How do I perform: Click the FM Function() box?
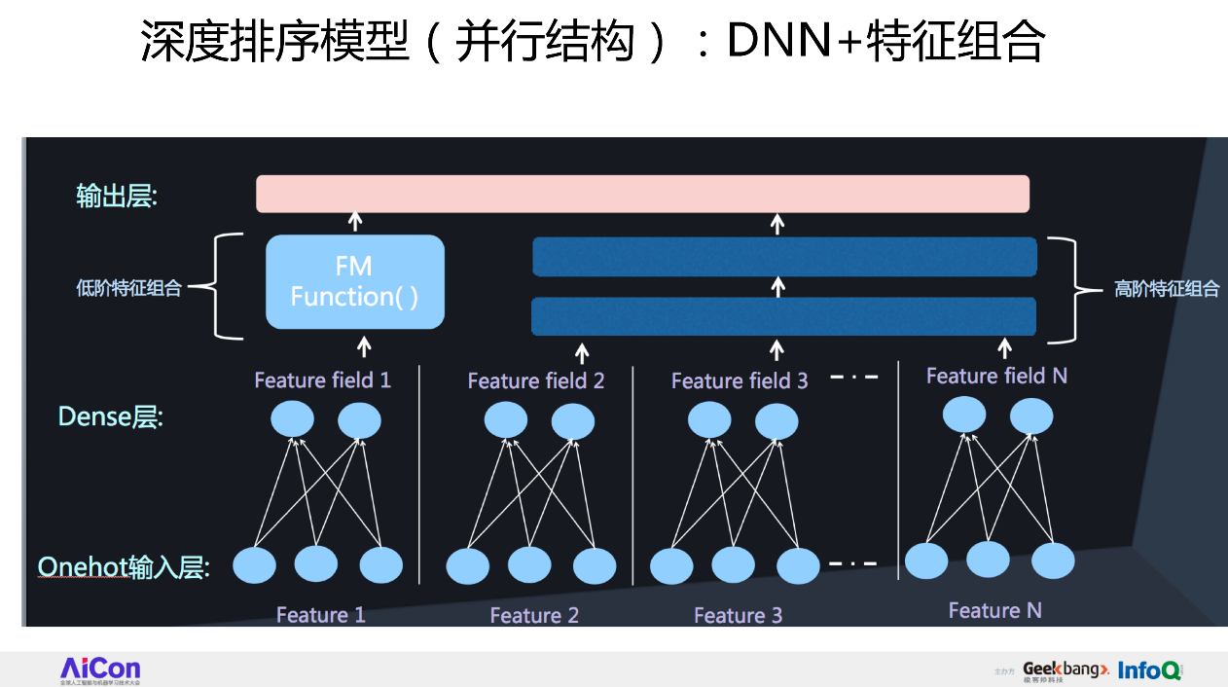click(x=355, y=282)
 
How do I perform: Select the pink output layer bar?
click(x=642, y=194)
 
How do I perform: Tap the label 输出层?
click(x=117, y=196)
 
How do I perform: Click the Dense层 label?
click(x=110, y=417)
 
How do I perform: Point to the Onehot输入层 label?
click(x=124, y=567)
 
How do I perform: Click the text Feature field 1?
click(x=322, y=380)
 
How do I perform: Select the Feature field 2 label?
click(x=535, y=380)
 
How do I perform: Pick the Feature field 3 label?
click(x=740, y=380)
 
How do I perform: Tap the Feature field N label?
click(x=996, y=376)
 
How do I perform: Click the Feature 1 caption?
click(x=320, y=615)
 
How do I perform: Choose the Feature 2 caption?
click(x=534, y=616)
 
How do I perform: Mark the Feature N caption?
click(x=994, y=610)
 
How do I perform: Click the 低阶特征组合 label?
click(x=128, y=288)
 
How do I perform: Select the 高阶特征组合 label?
click(x=1166, y=289)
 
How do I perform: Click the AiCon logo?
click(x=100, y=669)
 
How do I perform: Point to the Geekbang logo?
click(x=1065, y=670)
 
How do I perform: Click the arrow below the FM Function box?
click(x=365, y=345)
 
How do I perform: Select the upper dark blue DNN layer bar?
click(x=784, y=257)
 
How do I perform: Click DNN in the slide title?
click(x=788, y=43)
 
